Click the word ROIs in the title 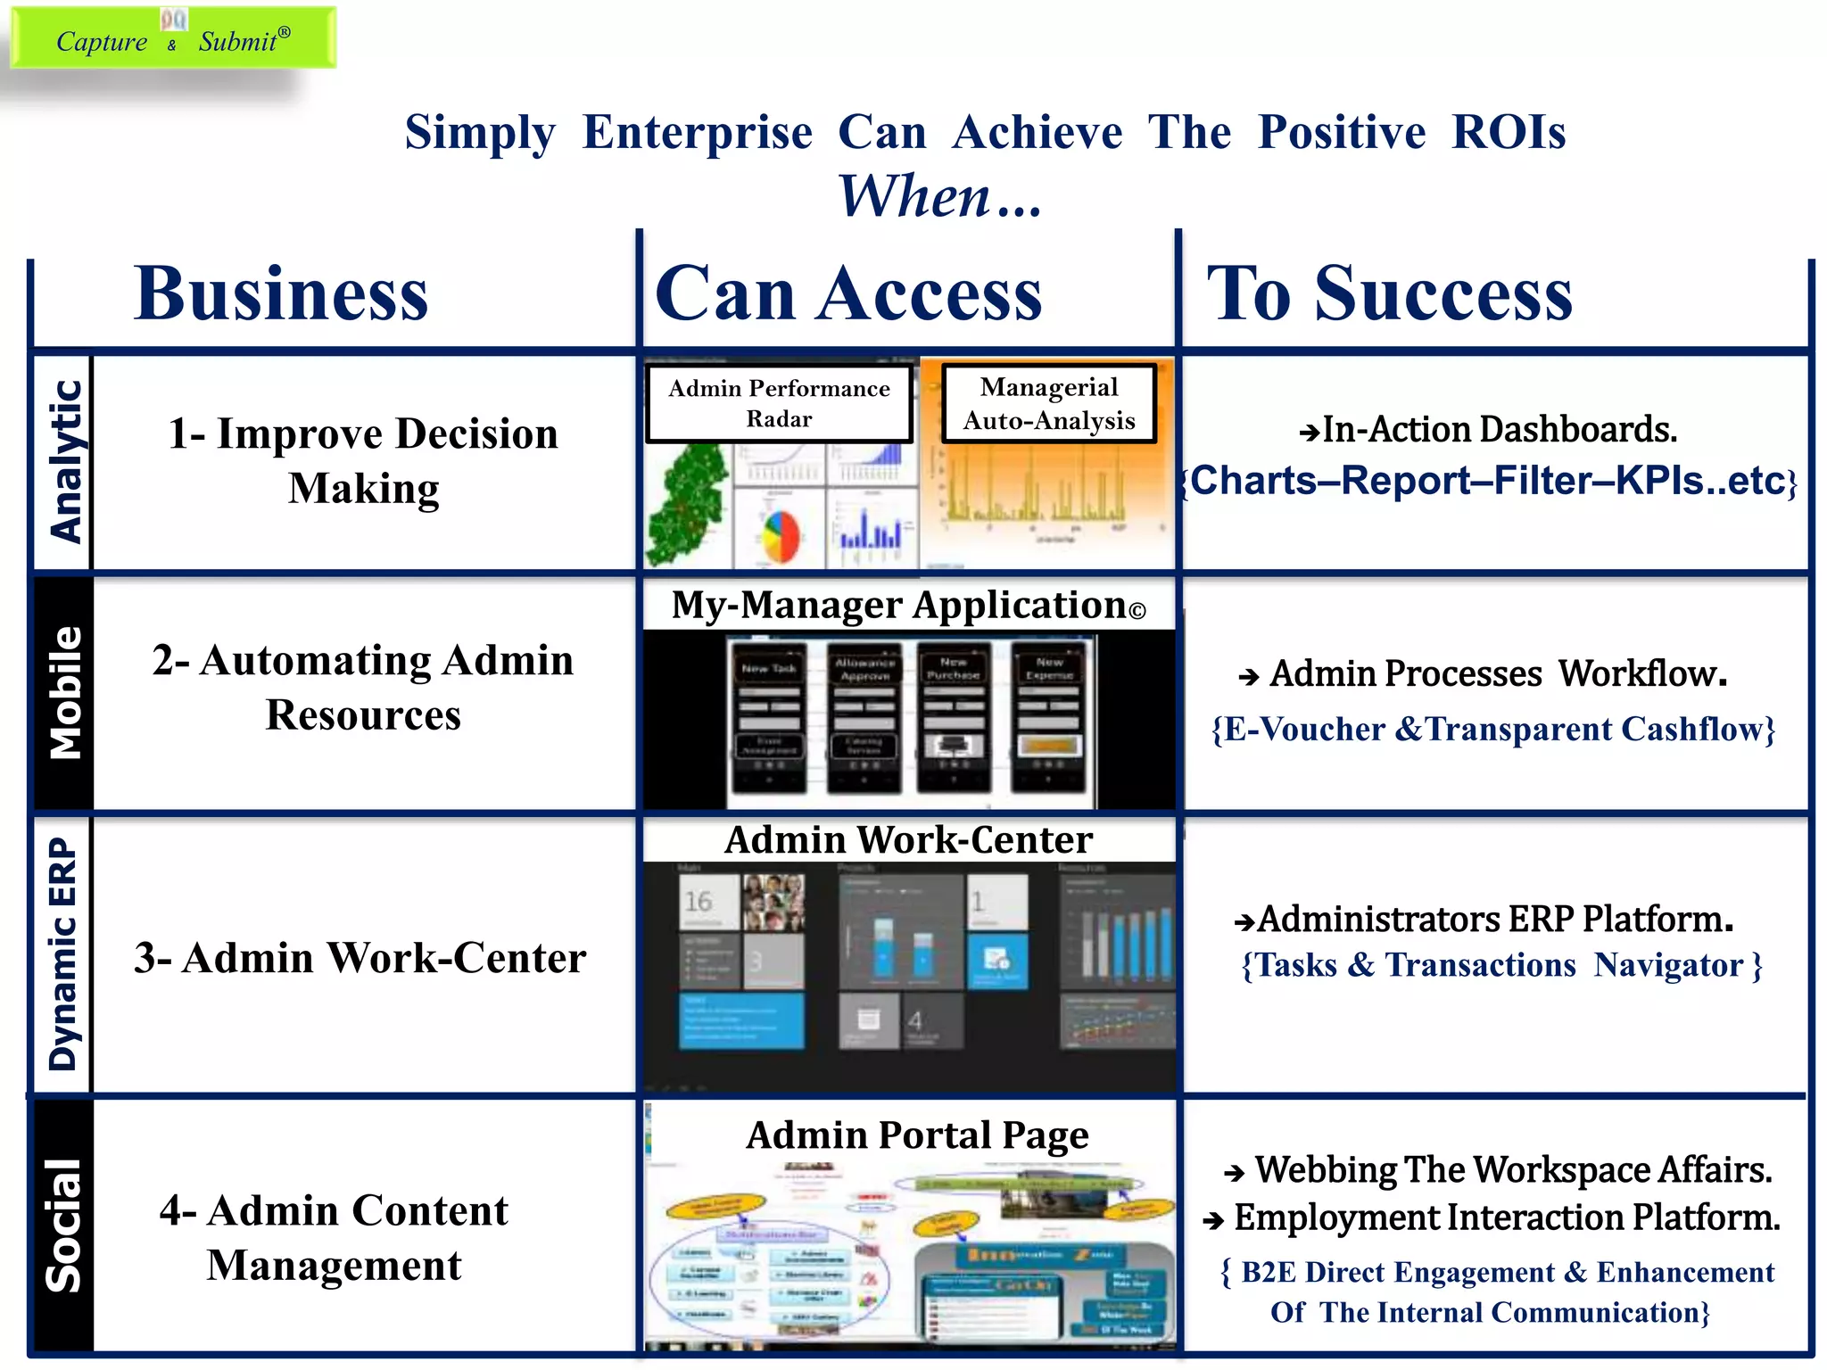[x=1508, y=132]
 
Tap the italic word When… [x=938, y=195]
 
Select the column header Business [x=281, y=293]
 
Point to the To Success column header [x=1389, y=293]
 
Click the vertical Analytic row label [x=64, y=461]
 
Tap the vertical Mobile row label [x=64, y=692]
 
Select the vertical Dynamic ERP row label [x=62, y=953]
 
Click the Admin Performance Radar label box [x=779, y=403]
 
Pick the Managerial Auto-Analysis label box [x=1048, y=403]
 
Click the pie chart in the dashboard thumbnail [x=780, y=534]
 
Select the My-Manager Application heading [x=907, y=605]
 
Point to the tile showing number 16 [x=708, y=902]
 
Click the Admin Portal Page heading [x=916, y=1135]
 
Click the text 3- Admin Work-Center [x=360, y=958]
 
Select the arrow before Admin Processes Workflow [x=1248, y=677]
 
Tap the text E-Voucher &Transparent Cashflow [x=1492, y=729]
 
